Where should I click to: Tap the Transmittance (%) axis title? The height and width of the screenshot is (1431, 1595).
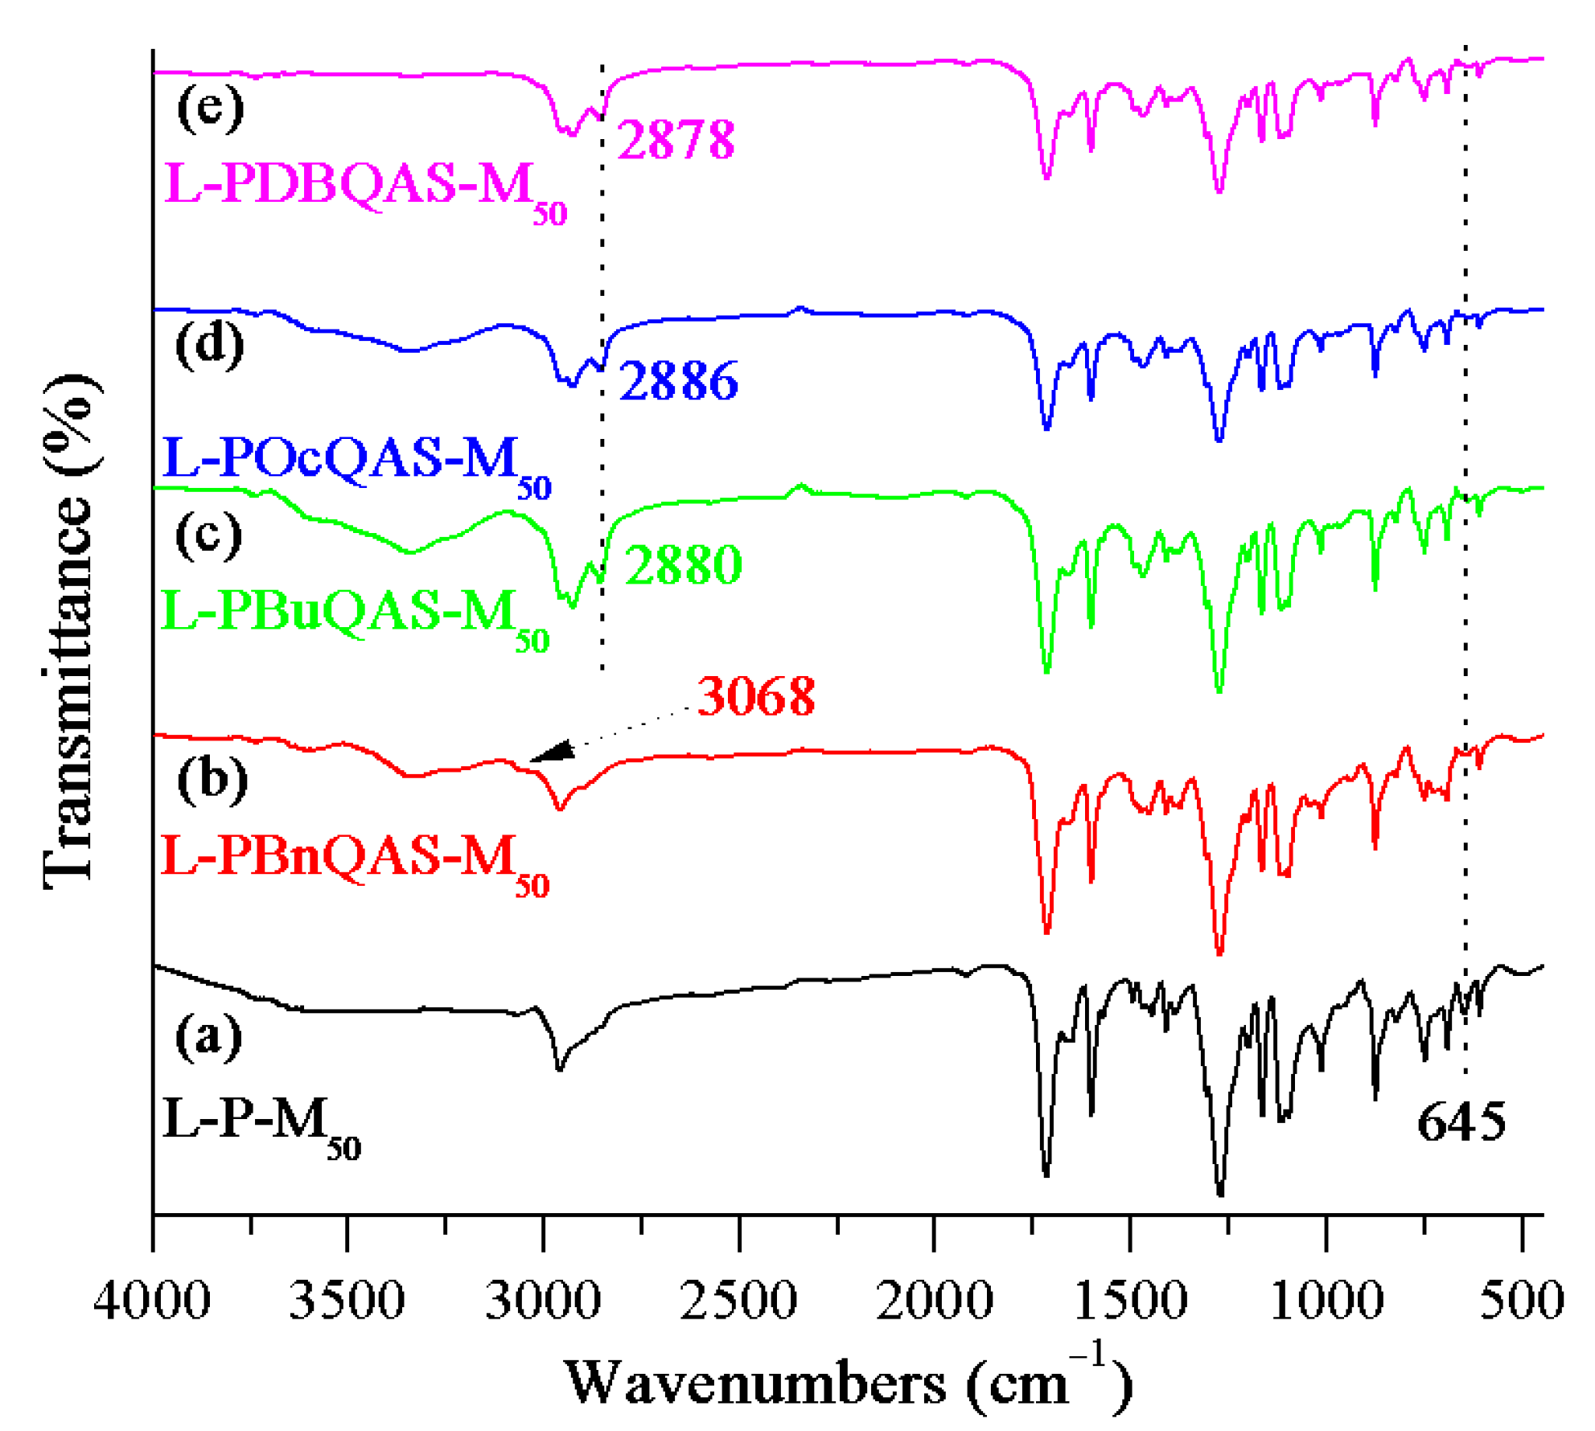pos(71,631)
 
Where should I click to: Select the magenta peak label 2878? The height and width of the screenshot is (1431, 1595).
pos(676,140)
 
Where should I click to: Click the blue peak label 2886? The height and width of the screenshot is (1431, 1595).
pos(679,381)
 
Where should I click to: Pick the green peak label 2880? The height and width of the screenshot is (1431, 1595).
pos(683,565)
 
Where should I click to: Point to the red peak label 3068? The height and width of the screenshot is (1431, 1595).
pos(755,696)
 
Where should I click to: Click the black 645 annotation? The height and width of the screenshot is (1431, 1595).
pos(1461,1122)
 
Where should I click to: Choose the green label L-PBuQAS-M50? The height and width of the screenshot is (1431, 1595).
pos(355,615)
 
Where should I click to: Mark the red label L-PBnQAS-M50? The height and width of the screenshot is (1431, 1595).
pos(355,859)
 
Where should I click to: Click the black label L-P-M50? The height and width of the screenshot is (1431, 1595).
pos(261,1122)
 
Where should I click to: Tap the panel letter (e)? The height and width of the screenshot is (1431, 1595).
pos(210,108)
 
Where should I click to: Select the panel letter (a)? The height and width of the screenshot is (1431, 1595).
pos(208,1037)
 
